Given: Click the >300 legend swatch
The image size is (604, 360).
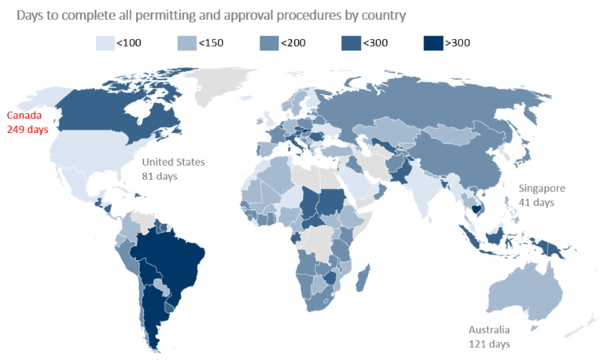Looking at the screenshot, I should coord(431,43).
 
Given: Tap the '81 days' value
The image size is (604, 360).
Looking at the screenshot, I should coord(160,176).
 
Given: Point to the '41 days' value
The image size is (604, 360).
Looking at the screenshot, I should coord(536,202).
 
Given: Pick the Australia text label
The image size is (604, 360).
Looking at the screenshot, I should coord(489,329).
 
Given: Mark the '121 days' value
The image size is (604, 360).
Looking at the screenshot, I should coord(489,343).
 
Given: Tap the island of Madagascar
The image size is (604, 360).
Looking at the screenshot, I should coord(364,280).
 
